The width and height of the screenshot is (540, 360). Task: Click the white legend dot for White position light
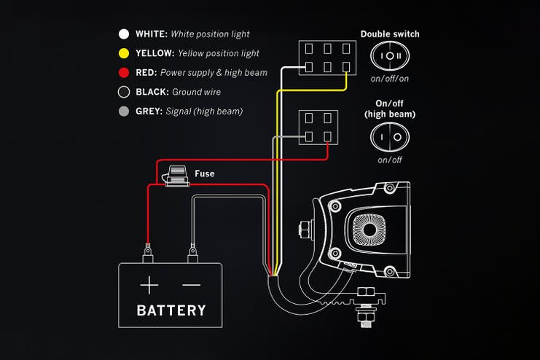pos(124,34)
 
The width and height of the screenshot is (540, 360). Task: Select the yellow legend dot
pos(124,53)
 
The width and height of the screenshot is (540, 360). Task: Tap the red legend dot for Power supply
pos(124,73)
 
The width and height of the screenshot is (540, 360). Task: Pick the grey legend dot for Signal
pos(124,111)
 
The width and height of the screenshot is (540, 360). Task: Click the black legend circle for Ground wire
pos(124,92)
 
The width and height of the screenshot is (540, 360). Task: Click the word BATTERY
pos(171,310)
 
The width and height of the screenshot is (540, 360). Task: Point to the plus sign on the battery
pos(149,284)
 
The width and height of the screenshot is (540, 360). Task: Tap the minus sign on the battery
pos(191,284)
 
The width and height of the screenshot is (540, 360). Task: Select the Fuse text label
pos(204,174)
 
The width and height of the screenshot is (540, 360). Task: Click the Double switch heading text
pos(390,34)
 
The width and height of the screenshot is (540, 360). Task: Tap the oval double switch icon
pos(390,56)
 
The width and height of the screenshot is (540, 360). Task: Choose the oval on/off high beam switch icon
pos(390,136)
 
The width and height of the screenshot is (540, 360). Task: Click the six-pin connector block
pos(326,58)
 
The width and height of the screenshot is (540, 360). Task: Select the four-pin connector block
pos(318,128)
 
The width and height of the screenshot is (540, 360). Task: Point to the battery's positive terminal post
pos(149,254)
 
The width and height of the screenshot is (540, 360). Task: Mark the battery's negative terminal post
pos(193,255)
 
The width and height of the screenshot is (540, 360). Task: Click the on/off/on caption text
pos(390,78)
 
